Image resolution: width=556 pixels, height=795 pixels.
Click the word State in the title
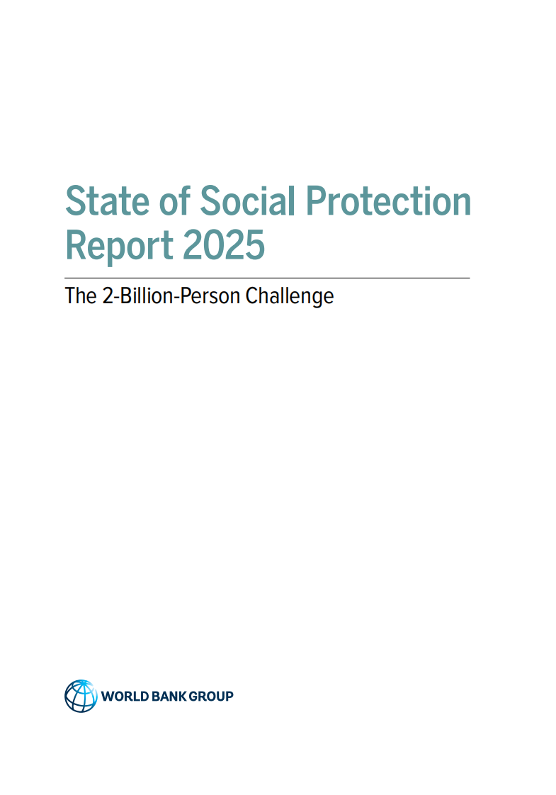(x=107, y=201)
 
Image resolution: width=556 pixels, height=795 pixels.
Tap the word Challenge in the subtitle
(x=290, y=295)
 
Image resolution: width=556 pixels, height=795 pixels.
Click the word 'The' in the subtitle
(x=77, y=295)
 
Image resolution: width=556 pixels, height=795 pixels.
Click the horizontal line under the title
(x=267, y=278)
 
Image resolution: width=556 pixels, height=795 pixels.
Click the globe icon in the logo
(x=80, y=696)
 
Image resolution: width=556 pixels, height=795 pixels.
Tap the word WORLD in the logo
(x=125, y=697)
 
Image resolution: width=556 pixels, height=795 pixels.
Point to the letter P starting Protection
(x=317, y=201)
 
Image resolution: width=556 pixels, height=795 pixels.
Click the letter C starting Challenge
(x=251, y=295)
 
